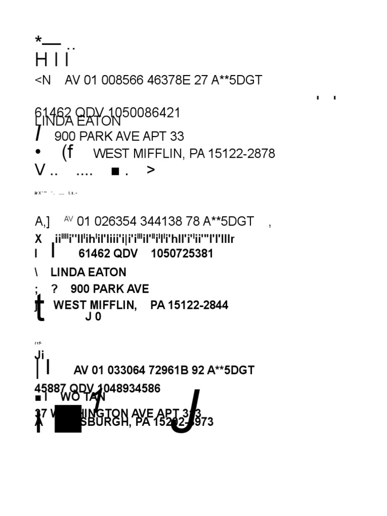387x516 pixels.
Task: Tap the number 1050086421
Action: point(144,113)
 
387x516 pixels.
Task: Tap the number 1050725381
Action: point(182,253)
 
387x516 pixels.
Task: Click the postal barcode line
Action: point(145,239)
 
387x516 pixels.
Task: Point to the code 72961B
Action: point(168,370)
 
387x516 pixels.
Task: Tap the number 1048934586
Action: point(129,389)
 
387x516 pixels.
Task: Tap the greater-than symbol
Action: point(151,170)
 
